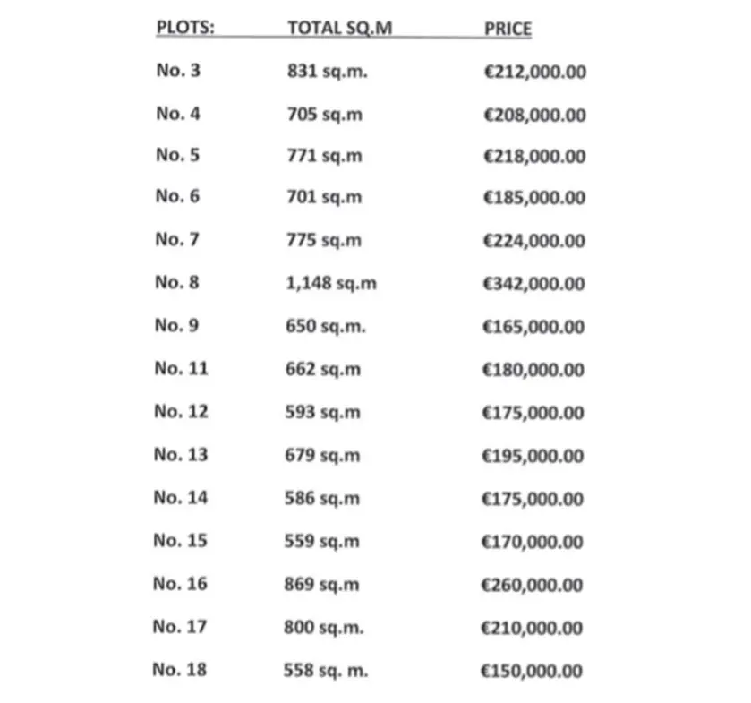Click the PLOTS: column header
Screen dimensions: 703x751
coord(185,27)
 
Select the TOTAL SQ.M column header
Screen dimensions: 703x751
coord(339,28)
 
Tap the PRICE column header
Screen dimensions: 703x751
coord(508,29)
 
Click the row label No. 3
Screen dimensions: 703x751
coord(178,70)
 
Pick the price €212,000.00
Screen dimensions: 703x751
coord(534,72)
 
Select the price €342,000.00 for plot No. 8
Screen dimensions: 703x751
coord(533,284)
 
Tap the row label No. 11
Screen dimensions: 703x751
coord(181,368)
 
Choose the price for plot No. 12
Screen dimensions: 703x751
coord(533,413)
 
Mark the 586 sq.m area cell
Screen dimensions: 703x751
coord(322,499)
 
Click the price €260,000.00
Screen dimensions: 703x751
coord(533,585)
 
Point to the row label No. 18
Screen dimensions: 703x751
coord(179,669)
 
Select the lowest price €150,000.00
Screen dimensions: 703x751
coord(532,671)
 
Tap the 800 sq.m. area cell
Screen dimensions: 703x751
coord(325,628)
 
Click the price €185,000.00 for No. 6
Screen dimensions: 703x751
coord(534,198)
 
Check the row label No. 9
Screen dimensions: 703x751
coord(177,325)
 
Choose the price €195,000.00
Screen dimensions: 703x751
coord(533,456)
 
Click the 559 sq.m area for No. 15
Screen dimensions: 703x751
coord(322,542)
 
